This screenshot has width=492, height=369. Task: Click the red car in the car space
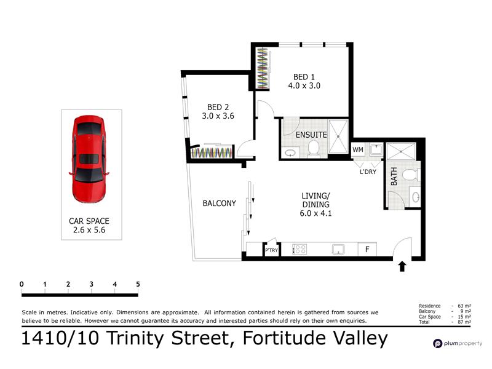point(89,159)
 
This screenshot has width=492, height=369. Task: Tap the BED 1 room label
point(304,77)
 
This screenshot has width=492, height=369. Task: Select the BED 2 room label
point(218,107)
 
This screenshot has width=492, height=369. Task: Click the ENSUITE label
point(311,135)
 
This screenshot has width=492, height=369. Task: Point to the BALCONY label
point(219,204)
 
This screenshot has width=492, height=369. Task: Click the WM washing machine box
point(358,149)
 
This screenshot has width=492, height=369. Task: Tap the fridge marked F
point(367,250)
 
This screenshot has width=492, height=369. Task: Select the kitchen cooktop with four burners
point(300,250)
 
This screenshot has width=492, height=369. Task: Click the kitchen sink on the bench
point(339,250)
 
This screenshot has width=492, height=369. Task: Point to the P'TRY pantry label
point(271,250)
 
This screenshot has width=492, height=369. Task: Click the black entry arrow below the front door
point(402,267)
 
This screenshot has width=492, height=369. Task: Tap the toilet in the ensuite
point(313,149)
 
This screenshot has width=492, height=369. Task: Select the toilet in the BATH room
point(411,175)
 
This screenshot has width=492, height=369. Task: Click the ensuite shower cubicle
point(338,137)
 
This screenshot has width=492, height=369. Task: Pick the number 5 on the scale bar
point(138,284)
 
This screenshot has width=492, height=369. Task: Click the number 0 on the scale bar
point(22,284)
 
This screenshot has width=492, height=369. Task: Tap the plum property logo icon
point(437,344)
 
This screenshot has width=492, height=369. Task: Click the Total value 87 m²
point(464,322)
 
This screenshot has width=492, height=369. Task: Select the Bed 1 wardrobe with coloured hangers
point(263,68)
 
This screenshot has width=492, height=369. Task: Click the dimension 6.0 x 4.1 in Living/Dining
point(315,213)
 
